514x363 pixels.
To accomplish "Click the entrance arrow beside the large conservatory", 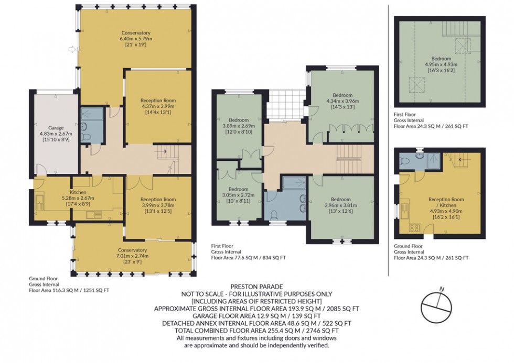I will pyautogui.click(x=72, y=50).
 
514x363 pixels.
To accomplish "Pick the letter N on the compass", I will pyautogui.click(x=442, y=289).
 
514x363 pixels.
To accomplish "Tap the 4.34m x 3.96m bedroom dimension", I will pyautogui.click(x=341, y=101).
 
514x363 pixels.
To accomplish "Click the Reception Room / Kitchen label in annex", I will pyautogui.click(x=446, y=202).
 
